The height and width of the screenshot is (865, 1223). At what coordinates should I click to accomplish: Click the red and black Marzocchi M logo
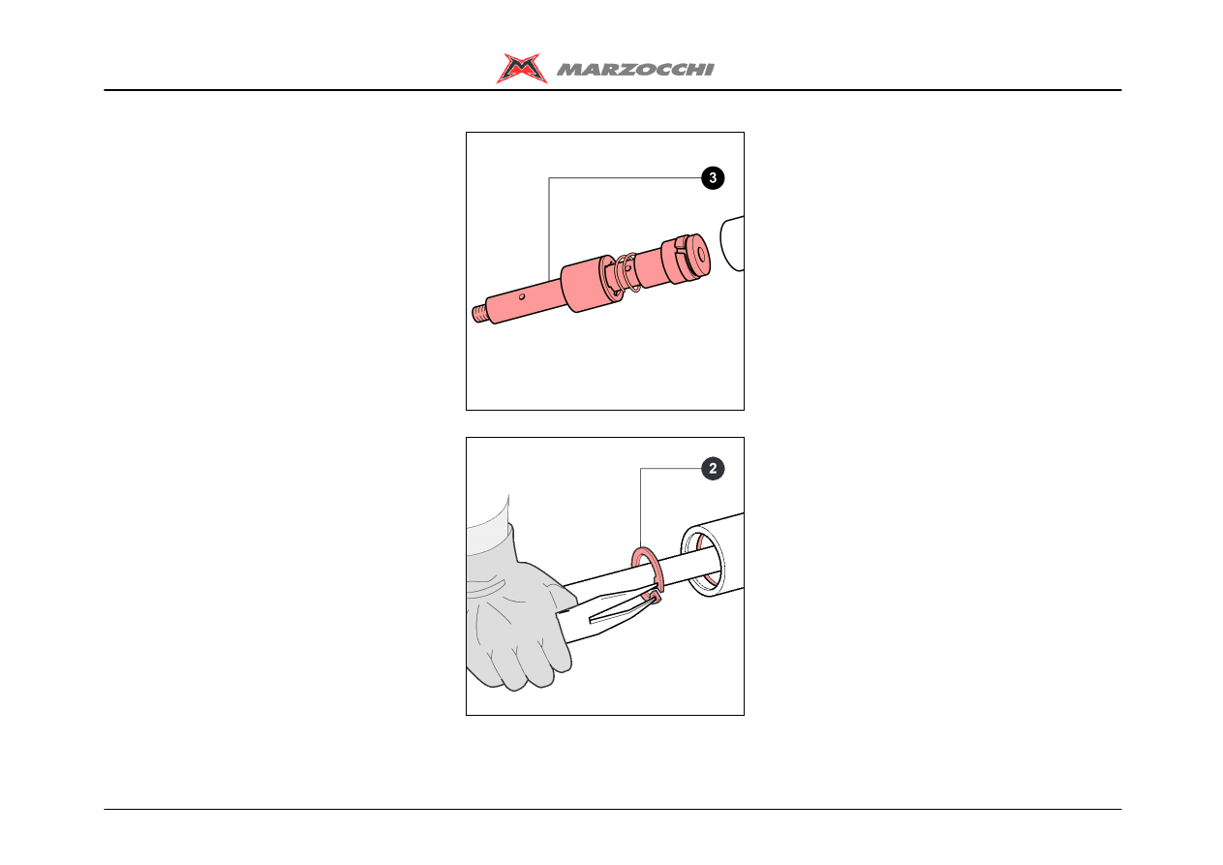[521, 68]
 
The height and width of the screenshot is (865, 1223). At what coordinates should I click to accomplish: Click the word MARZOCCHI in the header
[635, 70]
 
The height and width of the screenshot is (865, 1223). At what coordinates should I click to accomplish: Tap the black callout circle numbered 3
[713, 178]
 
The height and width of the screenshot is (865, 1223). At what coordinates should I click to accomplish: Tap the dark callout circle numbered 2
[713, 469]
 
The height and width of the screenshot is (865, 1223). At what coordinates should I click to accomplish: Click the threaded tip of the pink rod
[479, 314]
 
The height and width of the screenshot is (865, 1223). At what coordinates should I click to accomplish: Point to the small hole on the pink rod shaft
[522, 296]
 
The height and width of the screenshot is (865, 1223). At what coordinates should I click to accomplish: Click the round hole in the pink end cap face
[702, 255]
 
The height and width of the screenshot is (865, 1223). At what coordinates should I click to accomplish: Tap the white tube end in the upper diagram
[732, 243]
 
